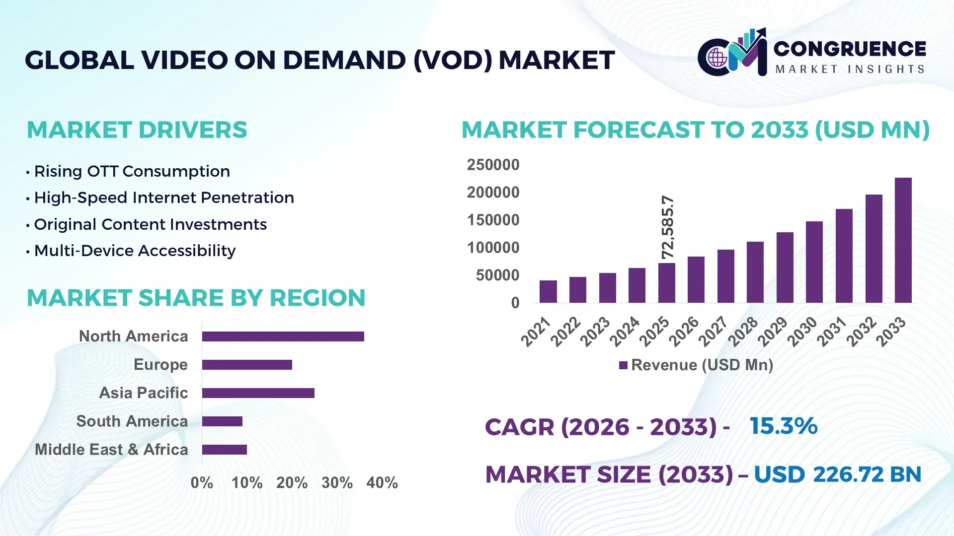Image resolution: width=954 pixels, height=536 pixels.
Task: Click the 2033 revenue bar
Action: click(903, 240)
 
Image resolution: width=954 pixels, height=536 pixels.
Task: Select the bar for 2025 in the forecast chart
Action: click(666, 283)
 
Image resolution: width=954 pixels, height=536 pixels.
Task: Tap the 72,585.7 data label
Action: click(668, 227)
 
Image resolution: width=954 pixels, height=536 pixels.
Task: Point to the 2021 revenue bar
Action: click(548, 292)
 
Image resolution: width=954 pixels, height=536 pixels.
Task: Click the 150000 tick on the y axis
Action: click(493, 220)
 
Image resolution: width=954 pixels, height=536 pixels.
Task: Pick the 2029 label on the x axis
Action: click(773, 331)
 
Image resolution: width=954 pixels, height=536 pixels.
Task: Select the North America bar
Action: click(283, 336)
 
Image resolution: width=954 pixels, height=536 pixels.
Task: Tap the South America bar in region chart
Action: click(222, 421)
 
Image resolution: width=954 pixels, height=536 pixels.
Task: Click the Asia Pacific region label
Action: click(143, 393)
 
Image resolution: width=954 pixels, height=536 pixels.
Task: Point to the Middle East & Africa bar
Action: click(224, 450)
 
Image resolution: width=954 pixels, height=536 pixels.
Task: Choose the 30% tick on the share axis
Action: click(337, 482)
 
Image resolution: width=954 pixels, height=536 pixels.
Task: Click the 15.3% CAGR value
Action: click(783, 426)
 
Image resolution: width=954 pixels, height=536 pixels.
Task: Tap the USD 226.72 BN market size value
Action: click(837, 474)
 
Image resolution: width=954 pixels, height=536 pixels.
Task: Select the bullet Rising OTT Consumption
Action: click(132, 171)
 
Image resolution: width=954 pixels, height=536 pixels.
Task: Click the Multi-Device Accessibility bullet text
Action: click(135, 251)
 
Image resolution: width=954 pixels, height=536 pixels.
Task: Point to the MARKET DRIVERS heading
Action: click(137, 130)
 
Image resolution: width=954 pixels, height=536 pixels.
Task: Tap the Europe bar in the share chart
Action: click(247, 365)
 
